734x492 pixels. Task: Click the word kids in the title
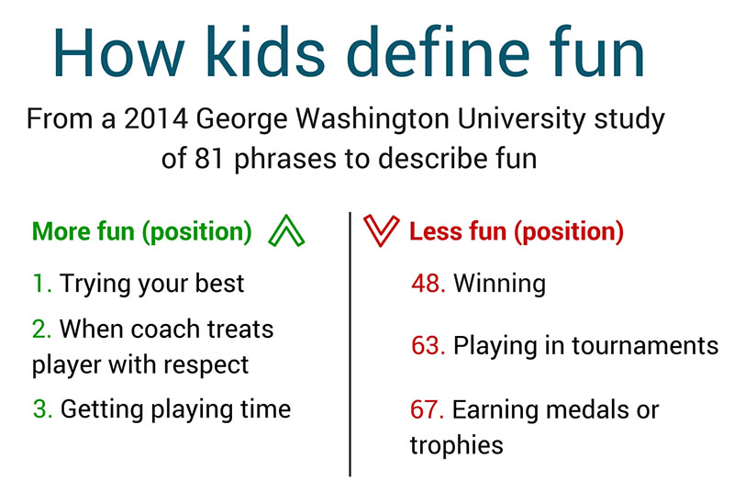[265, 51]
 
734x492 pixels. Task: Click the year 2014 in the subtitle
[156, 119]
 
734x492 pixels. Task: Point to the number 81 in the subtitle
[208, 159]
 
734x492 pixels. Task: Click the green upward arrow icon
[286, 230]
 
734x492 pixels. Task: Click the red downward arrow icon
[382, 230]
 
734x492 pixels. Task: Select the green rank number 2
[41, 330]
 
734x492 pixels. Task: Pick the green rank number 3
[42, 409]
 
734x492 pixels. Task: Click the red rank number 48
[428, 284]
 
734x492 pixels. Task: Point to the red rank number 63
[428, 346]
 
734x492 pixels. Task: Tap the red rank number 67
[427, 409]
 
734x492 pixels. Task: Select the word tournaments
[645, 346]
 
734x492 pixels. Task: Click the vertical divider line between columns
[350, 344]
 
